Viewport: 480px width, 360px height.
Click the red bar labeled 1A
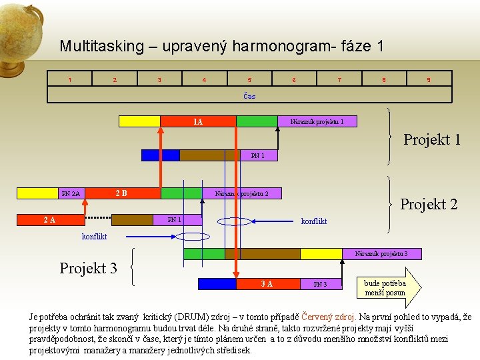(198, 121)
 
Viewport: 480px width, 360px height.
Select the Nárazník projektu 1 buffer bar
(317, 121)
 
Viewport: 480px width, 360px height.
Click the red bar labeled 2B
(121, 193)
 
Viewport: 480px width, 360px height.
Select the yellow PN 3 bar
(319, 283)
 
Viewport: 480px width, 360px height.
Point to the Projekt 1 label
(432, 140)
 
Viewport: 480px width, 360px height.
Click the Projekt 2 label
(429, 205)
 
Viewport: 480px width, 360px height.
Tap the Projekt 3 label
(88, 268)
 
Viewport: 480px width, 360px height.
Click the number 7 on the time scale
(339, 80)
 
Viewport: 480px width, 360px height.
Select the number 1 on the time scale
(70, 80)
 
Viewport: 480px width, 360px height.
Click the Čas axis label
(249, 96)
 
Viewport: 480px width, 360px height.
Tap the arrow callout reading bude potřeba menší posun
(387, 287)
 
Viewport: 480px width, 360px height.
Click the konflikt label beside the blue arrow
(314, 221)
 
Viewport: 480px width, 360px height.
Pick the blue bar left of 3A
(217, 283)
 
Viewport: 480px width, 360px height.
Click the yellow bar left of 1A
(139, 121)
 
